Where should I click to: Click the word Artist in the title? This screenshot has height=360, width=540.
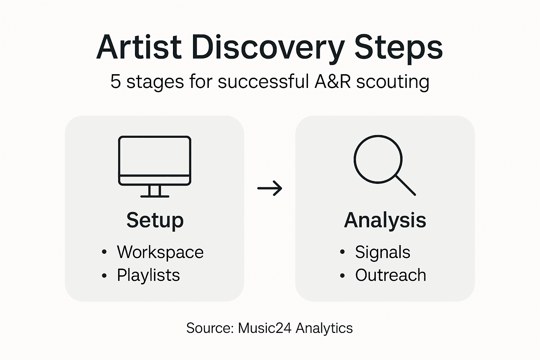tap(139, 47)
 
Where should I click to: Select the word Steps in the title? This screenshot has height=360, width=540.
tap(398, 48)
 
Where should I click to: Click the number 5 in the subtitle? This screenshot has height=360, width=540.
tap(115, 82)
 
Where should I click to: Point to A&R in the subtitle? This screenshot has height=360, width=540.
tap(333, 81)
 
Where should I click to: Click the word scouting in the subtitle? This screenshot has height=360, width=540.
tap(393, 82)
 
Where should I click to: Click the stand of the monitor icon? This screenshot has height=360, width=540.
tap(155, 191)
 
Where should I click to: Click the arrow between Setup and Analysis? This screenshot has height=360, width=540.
tap(270, 188)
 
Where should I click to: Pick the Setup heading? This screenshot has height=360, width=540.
tap(155, 220)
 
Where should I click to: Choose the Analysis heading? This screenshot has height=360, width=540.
tap(385, 220)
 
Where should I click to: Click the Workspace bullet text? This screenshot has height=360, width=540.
tap(160, 252)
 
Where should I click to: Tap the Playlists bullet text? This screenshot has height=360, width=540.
tap(148, 275)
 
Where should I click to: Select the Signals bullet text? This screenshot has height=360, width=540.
tap(382, 252)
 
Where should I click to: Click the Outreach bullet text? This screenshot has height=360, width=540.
tap(391, 275)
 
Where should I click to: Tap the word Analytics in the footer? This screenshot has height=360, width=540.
tap(324, 328)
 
